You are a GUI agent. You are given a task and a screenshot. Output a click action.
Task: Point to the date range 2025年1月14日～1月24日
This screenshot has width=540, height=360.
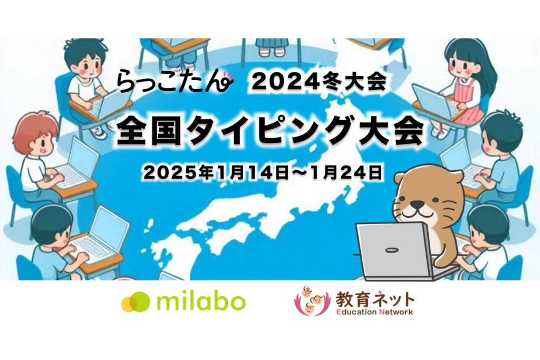263,173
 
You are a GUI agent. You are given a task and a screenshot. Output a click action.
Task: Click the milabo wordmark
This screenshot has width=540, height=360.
201,302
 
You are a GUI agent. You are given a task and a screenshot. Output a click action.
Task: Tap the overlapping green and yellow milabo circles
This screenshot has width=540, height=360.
136,302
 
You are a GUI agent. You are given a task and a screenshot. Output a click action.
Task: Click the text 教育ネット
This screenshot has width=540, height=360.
375,299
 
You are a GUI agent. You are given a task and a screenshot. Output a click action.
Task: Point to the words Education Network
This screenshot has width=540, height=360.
374,312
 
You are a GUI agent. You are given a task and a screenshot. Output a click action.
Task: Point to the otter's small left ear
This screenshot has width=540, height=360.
400,179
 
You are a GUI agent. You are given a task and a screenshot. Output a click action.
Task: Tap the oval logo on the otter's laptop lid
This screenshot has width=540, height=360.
390,250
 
